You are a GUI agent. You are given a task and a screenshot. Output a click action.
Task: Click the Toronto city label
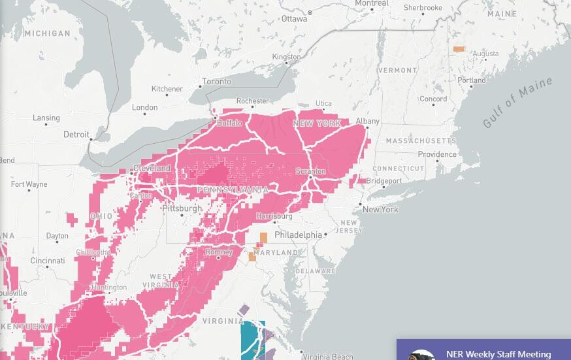click(216, 82)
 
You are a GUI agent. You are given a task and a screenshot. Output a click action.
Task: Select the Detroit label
click(76, 135)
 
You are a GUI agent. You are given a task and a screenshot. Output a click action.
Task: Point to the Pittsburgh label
click(182, 208)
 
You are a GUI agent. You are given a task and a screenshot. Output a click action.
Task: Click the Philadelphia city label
click(298, 235)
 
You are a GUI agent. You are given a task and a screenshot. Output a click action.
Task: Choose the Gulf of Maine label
click(518, 103)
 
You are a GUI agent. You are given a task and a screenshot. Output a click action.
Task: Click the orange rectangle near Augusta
click(459, 49)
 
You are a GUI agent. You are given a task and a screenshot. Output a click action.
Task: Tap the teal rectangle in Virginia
click(252, 339)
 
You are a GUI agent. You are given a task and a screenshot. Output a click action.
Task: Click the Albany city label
click(367, 122)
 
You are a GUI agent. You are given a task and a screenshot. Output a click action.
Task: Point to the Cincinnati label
click(47, 261)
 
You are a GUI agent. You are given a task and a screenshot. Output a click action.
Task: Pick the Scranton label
click(310, 171)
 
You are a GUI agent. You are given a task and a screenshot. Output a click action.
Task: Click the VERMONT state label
click(397, 70)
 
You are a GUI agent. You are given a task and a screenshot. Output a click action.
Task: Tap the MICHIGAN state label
click(46, 33)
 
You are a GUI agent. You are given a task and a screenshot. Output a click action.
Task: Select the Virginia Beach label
click(327, 357)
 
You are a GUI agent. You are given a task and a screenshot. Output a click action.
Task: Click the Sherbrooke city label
click(423, 8)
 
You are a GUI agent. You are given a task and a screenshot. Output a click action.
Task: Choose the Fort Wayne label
click(29, 184)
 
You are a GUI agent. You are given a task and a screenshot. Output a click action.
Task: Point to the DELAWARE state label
click(315, 270)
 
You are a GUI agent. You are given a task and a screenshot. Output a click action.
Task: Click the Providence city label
click(437, 155)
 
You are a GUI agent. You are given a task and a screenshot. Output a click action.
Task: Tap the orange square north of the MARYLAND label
click(263, 238)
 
